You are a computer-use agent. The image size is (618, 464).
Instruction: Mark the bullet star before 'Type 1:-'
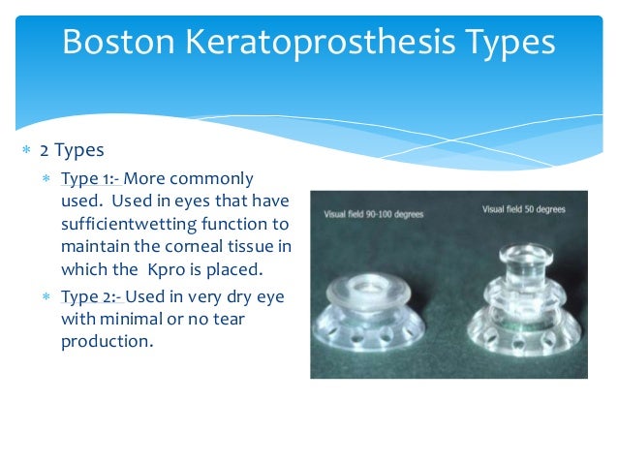46,179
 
